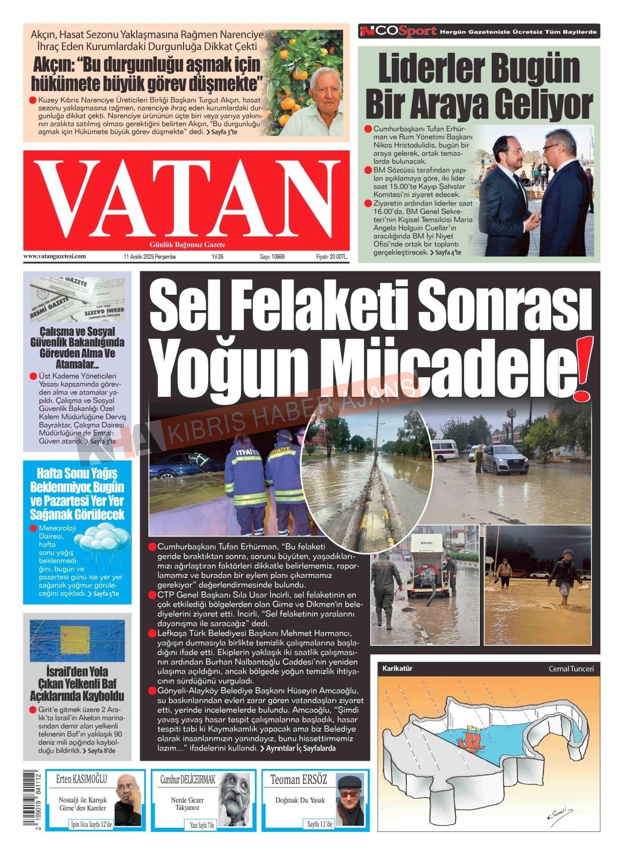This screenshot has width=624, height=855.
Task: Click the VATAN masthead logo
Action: (186, 200)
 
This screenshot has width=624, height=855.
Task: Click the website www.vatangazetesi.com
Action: (54, 256)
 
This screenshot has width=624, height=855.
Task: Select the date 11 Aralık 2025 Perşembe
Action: (149, 257)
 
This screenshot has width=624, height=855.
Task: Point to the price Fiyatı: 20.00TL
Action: (331, 257)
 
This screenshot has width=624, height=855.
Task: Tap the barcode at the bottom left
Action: (32, 801)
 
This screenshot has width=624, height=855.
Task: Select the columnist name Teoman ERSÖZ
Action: (299, 780)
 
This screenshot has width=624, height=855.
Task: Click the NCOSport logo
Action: (398, 32)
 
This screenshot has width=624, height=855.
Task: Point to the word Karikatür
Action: (397, 668)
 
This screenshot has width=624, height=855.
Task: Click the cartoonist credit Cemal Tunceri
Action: (571, 668)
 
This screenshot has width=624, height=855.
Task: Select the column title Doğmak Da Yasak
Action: (300, 800)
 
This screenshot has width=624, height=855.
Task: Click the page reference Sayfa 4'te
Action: (448, 252)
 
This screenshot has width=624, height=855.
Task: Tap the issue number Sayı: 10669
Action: (272, 257)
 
